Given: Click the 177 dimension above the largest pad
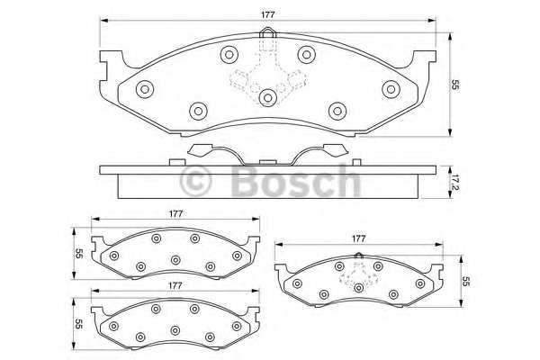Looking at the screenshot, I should (268, 13).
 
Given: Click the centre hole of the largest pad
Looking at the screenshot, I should (267, 97).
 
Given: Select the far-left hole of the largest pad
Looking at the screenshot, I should (145, 88).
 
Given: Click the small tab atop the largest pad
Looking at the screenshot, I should (267, 38).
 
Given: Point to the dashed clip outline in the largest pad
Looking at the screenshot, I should (267, 76).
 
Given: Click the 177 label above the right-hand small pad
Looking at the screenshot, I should (358, 238).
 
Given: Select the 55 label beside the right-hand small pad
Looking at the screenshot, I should (467, 281).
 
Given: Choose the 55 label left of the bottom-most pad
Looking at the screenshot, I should (78, 324).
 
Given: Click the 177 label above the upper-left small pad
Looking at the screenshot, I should (176, 213).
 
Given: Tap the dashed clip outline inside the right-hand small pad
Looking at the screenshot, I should (358, 276).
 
